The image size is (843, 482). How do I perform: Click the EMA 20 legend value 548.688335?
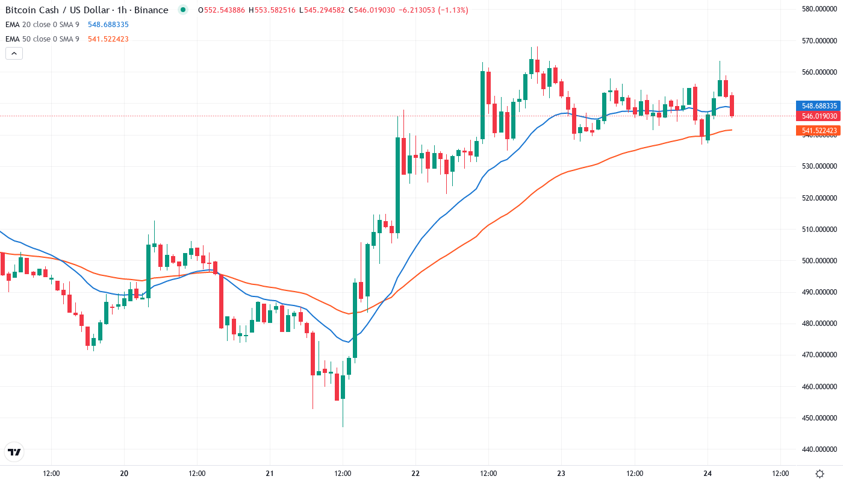coord(108,25)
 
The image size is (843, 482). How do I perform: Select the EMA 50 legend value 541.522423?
coord(108,39)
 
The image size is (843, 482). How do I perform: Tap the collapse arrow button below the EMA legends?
coord(14,54)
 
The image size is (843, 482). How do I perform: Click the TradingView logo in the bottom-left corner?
coord(14,452)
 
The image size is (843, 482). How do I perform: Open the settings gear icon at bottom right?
coord(820,474)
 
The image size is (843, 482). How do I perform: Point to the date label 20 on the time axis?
coord(125,474)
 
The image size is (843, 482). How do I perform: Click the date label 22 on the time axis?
coord(415,474)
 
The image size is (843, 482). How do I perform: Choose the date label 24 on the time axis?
coord(708,474)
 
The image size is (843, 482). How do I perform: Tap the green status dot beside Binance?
coord(183,10)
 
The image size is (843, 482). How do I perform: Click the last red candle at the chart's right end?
coord(732,105)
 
